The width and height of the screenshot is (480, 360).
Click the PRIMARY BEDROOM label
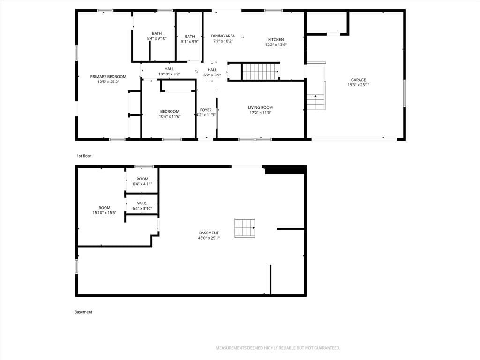point(108,77)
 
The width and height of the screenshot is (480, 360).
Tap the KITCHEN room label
point(276,40)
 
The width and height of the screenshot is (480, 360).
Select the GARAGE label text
point(358,80)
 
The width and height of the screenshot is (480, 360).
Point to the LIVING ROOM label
point(260,107)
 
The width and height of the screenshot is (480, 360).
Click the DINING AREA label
point(223,36)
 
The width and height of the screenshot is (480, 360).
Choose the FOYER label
point(206,110)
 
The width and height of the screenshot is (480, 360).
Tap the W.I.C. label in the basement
point(142,203)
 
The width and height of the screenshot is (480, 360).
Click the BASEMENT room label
point(209,233)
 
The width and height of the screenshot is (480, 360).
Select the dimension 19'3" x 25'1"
point(358,85)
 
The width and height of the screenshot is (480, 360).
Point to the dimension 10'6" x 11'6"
point(170,116)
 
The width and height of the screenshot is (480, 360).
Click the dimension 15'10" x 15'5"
point(105,213)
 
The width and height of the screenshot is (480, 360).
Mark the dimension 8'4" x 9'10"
point(157,38)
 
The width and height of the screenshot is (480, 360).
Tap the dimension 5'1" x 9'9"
point(190,42)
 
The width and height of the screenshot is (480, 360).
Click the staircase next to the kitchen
point(261,71)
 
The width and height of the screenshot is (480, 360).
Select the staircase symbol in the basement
point(245,227)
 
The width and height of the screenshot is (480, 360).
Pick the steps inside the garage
point(315,102)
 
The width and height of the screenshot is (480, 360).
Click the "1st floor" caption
point(84,156)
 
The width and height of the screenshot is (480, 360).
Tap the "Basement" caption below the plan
point(83,312)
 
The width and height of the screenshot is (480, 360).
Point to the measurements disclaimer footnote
point(278,348)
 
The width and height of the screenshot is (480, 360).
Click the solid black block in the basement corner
point(285,170)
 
